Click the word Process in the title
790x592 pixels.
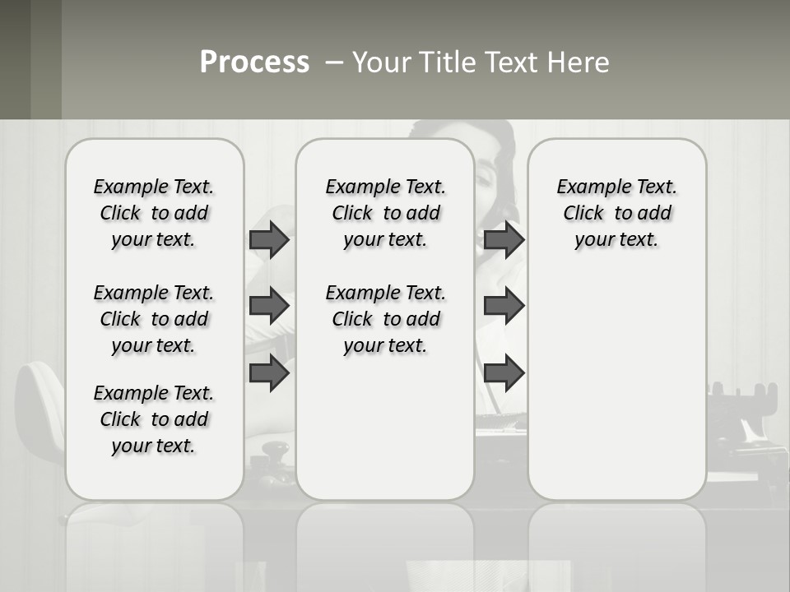pos(254,62)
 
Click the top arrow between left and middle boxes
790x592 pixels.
pos(269,240)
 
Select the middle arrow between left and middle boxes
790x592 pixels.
pos(269,307)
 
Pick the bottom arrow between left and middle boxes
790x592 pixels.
pos(269,373)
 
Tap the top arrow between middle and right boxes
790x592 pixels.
pos(504,240)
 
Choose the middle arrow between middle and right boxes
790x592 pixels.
pos(504,307)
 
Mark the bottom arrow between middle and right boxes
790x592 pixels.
pos(504,373)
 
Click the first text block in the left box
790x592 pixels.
pos(154,213)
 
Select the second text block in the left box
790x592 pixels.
pos(154,319)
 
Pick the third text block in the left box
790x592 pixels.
pos(154,419)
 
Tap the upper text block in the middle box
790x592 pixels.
pos(385,213)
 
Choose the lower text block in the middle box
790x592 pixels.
pos(385,319)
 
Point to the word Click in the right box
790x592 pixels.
pos(583,214)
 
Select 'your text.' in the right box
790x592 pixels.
pos(616,240)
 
